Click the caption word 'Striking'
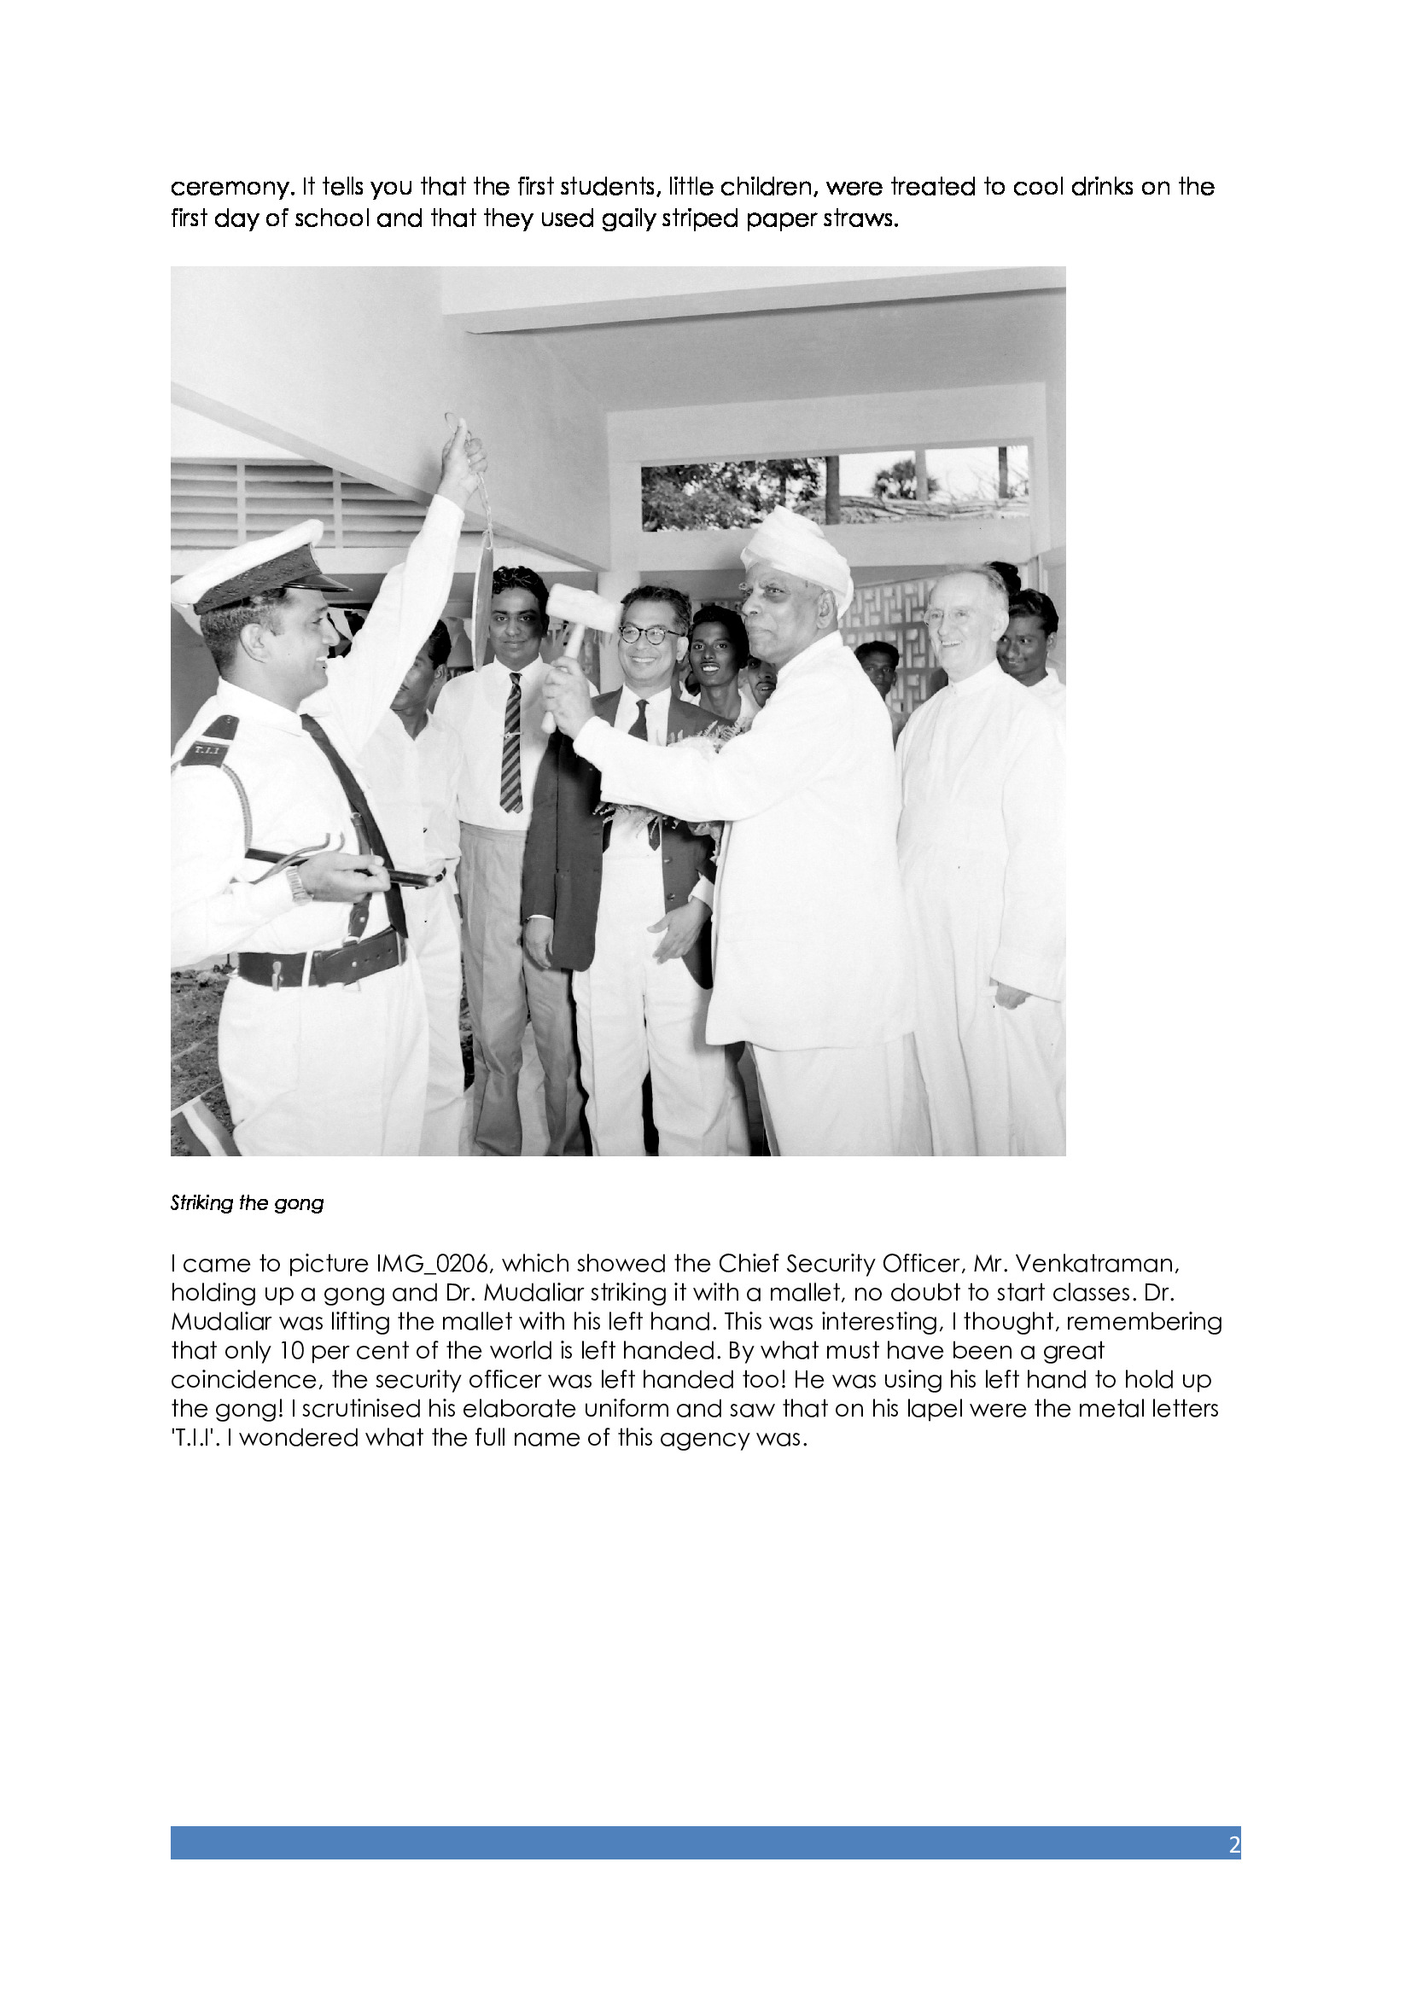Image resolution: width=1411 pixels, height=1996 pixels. click(x=201, y=1203)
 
